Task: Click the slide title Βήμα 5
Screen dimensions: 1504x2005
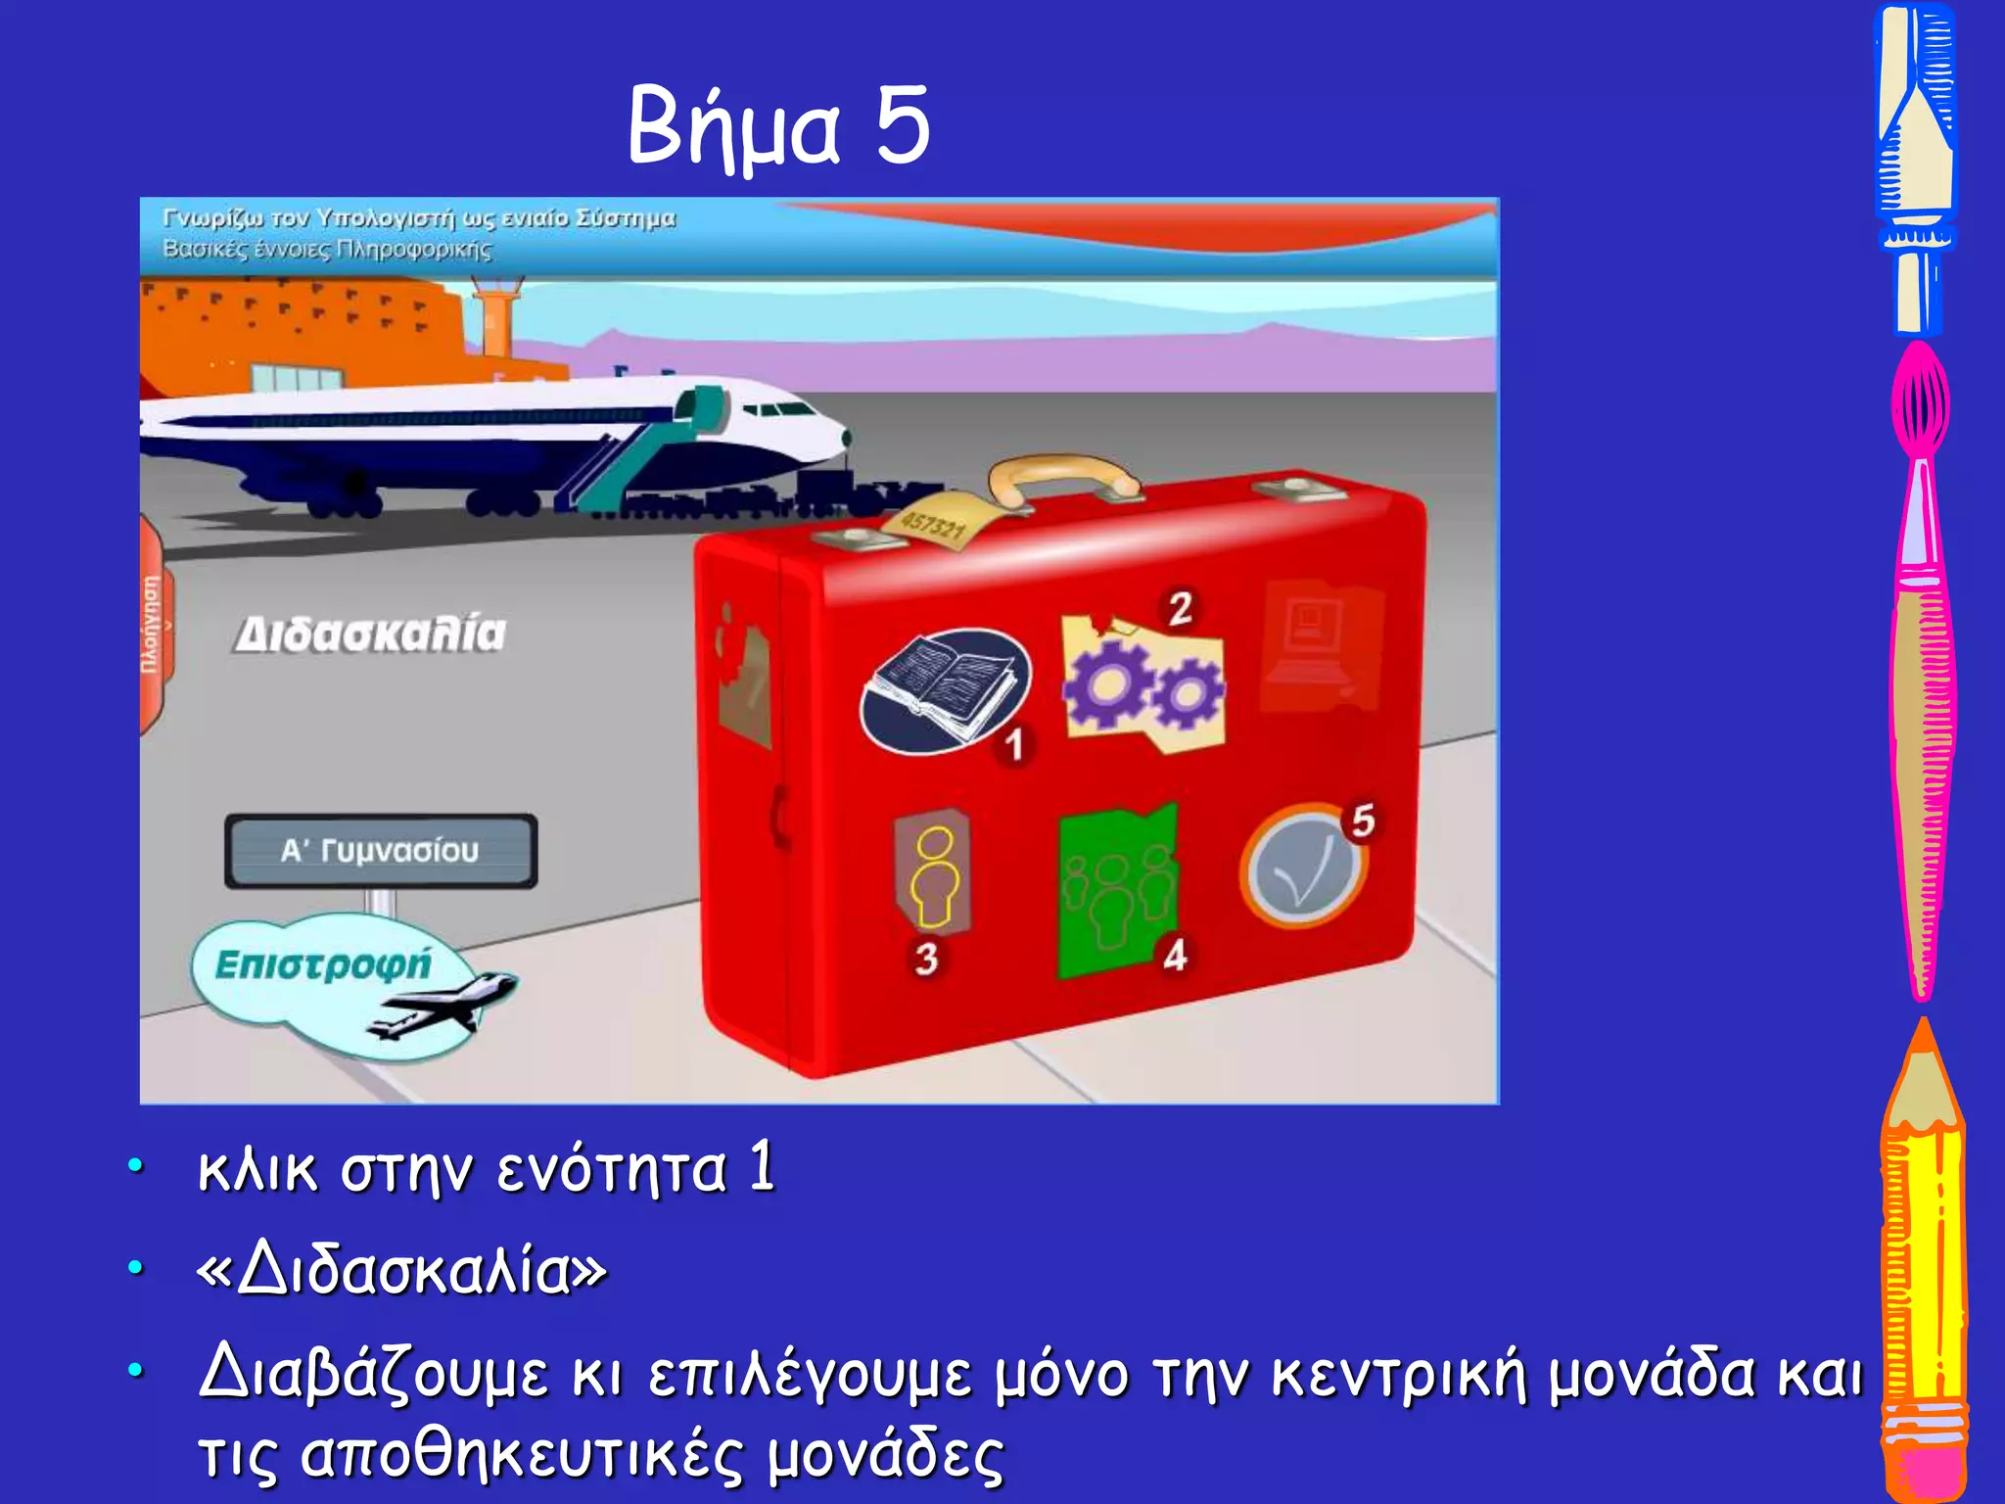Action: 778,125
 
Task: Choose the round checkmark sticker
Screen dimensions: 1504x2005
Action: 1301,866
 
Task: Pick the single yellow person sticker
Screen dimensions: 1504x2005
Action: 933,872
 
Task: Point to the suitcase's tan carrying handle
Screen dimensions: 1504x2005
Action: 1061,475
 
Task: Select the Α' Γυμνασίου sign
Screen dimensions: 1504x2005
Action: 381,850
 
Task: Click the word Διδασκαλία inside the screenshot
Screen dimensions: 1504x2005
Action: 371,634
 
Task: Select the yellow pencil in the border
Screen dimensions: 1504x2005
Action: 1923,1263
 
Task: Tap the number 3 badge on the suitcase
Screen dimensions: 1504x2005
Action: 926,958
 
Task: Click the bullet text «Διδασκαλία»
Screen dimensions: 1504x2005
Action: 401,1271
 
